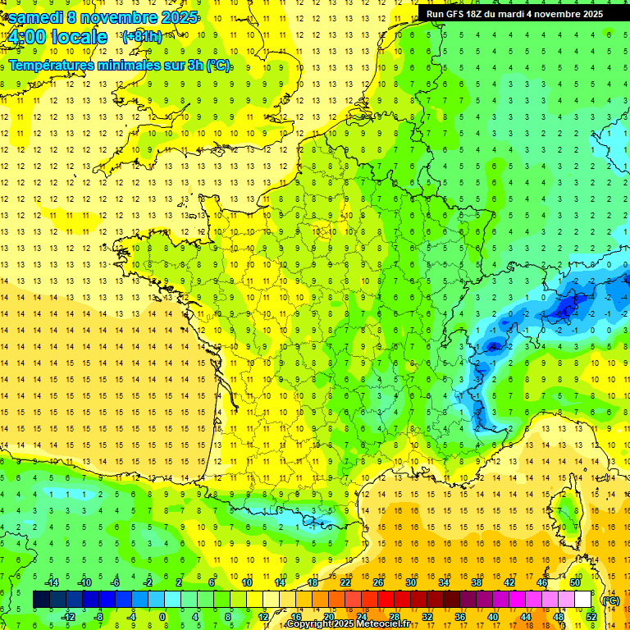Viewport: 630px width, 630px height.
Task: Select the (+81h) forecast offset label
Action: [142, 37]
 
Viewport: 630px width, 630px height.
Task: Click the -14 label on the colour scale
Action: [52, 582]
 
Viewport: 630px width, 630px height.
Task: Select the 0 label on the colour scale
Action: [162, 617]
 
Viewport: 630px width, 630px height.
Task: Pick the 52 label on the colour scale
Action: [591, 617]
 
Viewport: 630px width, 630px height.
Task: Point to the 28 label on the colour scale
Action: [394, 617]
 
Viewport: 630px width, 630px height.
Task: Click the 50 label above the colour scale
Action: [575, 582]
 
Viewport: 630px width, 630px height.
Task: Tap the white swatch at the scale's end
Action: [582, 600]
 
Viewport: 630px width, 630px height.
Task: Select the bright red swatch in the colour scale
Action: [386, 600]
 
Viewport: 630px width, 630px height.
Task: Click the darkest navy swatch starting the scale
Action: [41, 600]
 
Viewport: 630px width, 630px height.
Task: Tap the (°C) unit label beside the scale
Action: [610, 600]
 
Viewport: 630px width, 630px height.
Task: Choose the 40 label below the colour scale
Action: [492, 617]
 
